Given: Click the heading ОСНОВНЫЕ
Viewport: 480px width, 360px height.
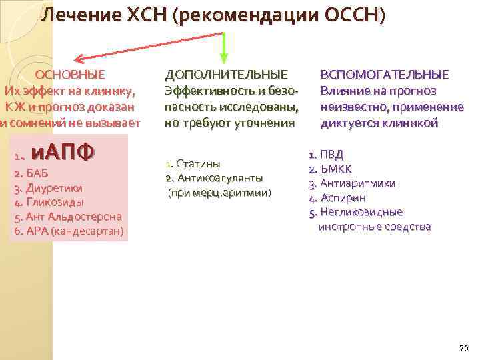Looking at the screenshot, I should [x=70, y=74].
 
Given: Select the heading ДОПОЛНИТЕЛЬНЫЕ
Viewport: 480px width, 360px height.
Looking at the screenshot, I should [x=227, y=74].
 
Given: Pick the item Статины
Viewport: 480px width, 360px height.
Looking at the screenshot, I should [x=197, y=164].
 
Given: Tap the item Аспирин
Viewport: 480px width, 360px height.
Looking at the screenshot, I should [x=343, y=198].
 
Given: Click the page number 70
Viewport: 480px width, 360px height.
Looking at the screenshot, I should [x=464, y=349].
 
